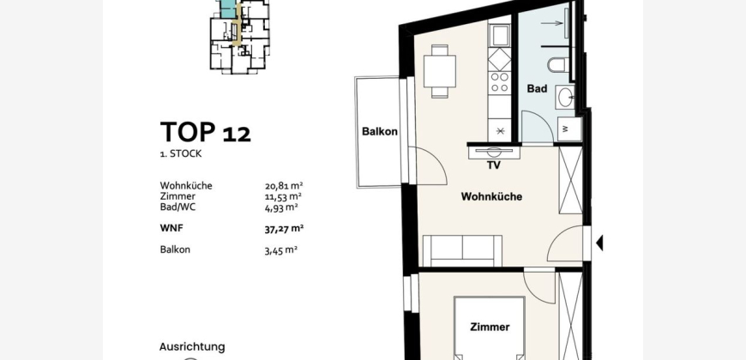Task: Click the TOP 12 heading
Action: click(x=205, y=132)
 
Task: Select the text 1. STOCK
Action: click(x=181, y=153)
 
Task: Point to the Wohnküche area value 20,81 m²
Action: click(x=284, y=186)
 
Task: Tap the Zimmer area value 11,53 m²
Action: click(x=283, y=196)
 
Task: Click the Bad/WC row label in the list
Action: click(x=178, y=207)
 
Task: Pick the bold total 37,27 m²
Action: click(x=284, y=229)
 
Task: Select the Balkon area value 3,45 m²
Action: click(x=281, y=250)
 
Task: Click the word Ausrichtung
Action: click(x=192, y=347)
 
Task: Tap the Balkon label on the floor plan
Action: click(x=380, y=131)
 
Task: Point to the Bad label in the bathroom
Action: click(x=537, y=88)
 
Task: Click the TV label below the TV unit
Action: click(x=493, y=165)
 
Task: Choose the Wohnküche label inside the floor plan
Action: click(x=491, y=196)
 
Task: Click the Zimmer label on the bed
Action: click(x=490, y=327)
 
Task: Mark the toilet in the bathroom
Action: click(x=557, y=65)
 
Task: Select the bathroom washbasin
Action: click(x=565, y=98)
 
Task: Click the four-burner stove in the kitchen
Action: click(x=500, y=82)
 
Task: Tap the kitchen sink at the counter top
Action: click(x=500, y=36)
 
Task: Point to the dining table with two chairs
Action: click(x=440, y=71)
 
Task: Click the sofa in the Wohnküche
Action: click(x=462, y=250)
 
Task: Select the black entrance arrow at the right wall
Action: click(x=599, y=243)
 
